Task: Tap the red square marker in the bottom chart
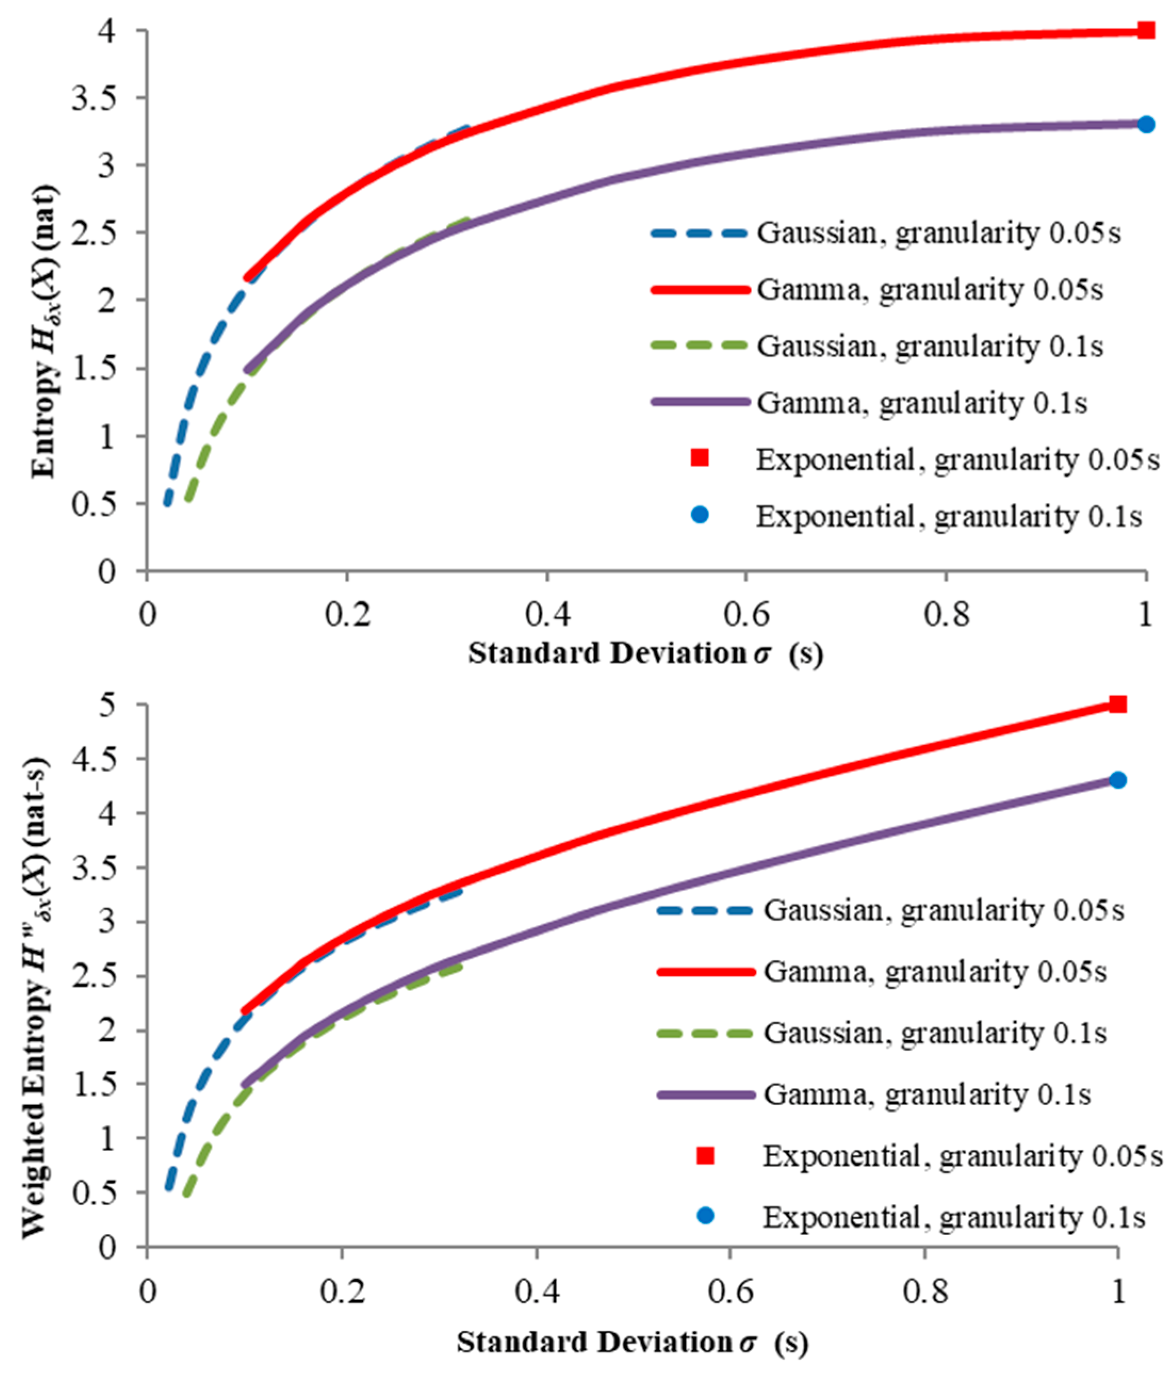[1118, 704]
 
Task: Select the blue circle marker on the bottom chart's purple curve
[1118, 780]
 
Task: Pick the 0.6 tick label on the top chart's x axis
[746, 615]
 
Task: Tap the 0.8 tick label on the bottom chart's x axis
[924, 1292]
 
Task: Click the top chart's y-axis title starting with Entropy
[45, 331]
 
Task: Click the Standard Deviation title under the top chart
[645, 654]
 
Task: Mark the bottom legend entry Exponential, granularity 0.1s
[954, 1217]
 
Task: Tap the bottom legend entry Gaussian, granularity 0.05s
[943, 911]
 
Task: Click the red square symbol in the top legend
[700, 459]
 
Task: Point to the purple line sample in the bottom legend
[706, 1094]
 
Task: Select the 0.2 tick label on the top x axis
[347, 615]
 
